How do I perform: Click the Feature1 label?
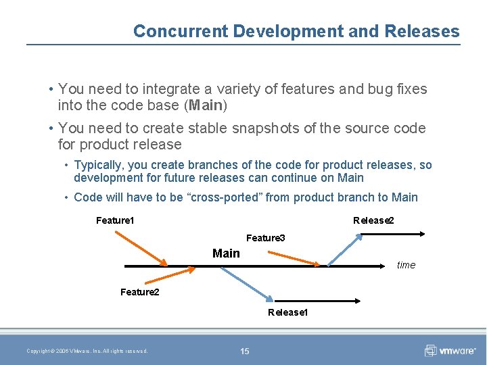[115, 220]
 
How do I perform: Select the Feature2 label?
[139, 292]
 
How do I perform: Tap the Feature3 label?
[265, 238]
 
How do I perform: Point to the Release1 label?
[288, 312]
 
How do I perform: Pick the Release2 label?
[373, 220]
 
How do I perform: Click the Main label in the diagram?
[226, 253]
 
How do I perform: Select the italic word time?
[406, 265]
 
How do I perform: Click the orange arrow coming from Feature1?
[141, 248]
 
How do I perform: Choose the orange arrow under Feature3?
[295, 258]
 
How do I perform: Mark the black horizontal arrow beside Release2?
[392, 234]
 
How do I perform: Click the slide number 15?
[244, 351]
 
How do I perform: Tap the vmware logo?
[450, 350]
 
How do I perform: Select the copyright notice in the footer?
[87, 351]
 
